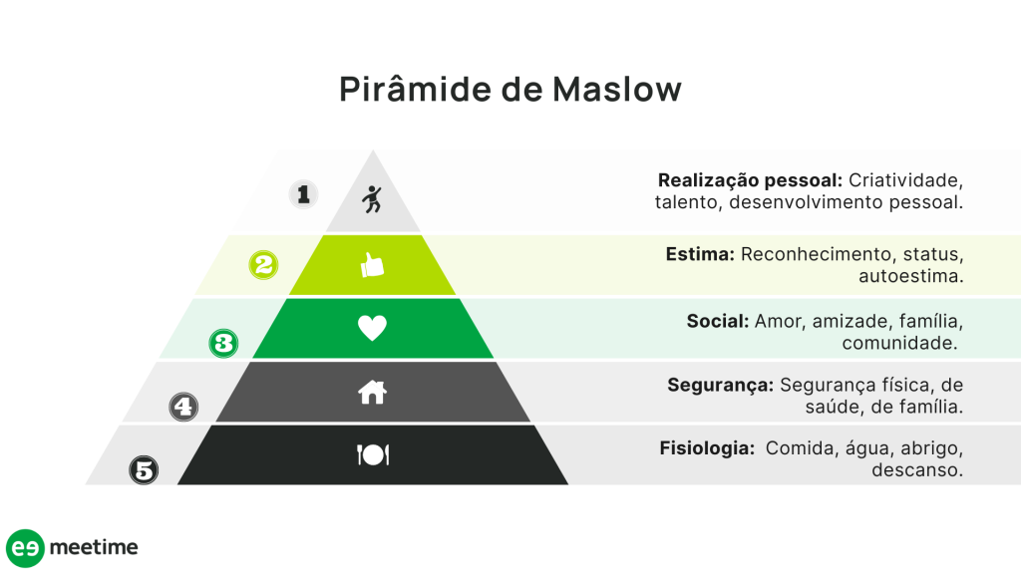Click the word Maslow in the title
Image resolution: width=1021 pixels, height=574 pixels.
(x=617, y=90)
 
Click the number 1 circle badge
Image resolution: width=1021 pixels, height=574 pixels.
(x=304, y=193)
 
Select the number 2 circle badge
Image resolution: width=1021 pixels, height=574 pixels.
(x=263, y=265)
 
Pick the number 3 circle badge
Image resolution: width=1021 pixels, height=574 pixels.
(x=224, y=344)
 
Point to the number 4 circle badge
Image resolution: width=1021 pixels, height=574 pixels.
(x=183, y=407)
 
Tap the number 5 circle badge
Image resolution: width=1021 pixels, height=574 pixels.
(x=145, y=469)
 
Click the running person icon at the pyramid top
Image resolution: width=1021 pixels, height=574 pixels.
(x=372, y=199)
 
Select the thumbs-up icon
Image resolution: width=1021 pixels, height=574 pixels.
(x=372, y=265)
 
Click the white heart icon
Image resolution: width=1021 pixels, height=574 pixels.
(x=372, y=328)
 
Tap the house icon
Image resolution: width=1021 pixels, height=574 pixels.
(x=372, y=393)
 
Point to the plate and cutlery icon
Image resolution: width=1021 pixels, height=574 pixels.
(x=372, y=455)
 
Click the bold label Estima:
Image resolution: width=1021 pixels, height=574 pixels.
(x=700, y=254)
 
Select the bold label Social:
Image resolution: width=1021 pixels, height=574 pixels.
(x=718, y=321)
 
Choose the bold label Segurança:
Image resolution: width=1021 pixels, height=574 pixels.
(x=720, y=385)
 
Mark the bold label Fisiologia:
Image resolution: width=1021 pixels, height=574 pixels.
(x=707, y=448)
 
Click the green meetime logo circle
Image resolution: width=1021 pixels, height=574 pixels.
(x=25, y=548)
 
